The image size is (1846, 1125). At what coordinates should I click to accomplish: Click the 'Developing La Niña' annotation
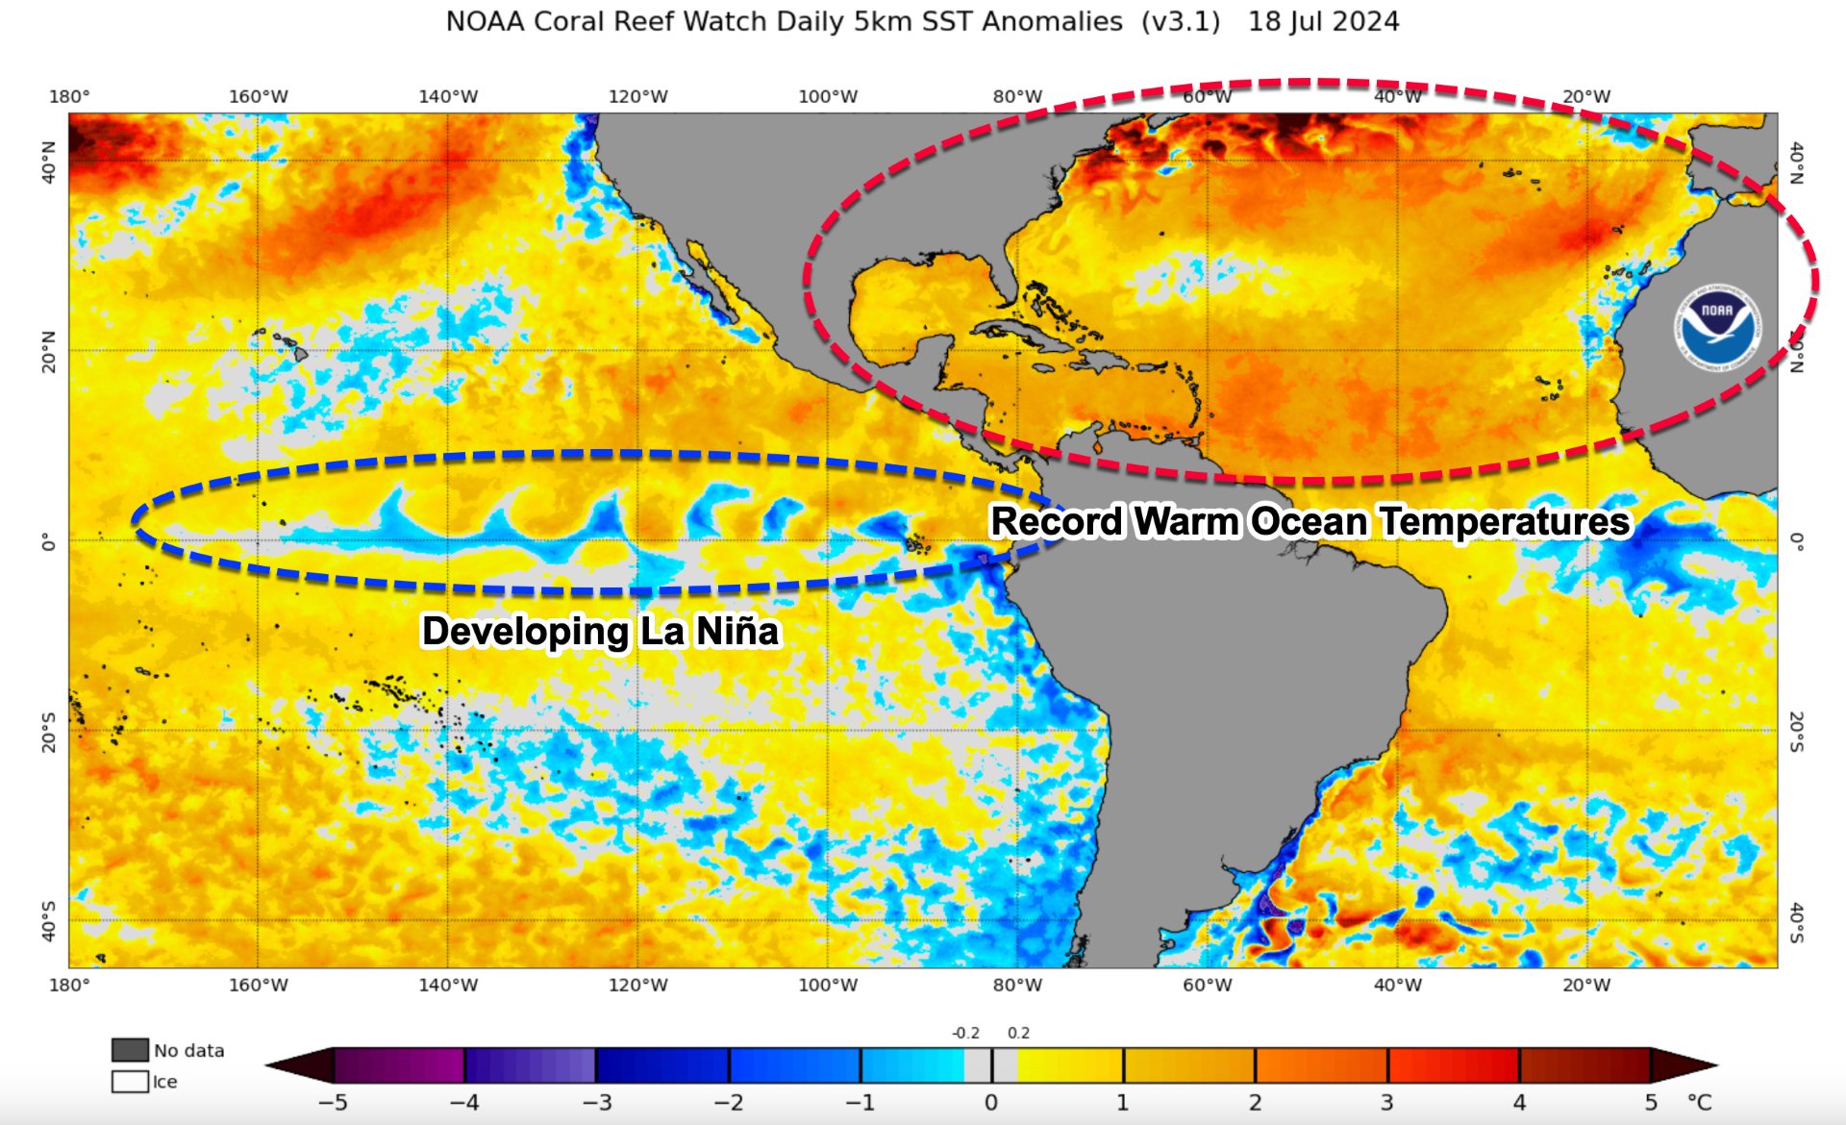[600, 632]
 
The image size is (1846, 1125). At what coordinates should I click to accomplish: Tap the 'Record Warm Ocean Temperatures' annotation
[1310, 522]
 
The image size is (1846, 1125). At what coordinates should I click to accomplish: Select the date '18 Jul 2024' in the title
[1323, 21]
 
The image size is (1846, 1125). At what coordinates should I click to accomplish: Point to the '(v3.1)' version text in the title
[1181, 21]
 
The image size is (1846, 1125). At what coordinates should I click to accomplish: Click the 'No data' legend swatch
[130, 1050]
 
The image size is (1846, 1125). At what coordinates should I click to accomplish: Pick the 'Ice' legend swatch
[130, 1082]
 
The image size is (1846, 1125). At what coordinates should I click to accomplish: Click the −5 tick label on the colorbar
[332, 1103]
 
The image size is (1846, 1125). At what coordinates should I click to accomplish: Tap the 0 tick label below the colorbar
[991, 1103]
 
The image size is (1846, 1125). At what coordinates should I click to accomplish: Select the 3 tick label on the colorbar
[1387, 1103]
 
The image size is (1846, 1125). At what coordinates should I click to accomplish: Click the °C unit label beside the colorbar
[1700, 1102]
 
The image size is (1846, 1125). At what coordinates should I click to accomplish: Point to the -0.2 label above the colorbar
[965, 1034]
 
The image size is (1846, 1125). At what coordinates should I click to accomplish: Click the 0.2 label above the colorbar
[1018, 1034]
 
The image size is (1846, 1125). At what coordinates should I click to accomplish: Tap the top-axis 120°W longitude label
[637, 97]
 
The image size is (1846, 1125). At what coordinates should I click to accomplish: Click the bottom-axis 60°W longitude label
[1207, 986]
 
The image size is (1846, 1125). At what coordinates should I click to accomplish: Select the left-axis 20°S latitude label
[48, 732]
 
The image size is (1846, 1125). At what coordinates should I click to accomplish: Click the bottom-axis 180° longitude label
[69, 986]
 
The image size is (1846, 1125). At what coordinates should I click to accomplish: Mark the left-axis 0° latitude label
[48, 543]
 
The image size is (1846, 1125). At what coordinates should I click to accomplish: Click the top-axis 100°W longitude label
[828, 97]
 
